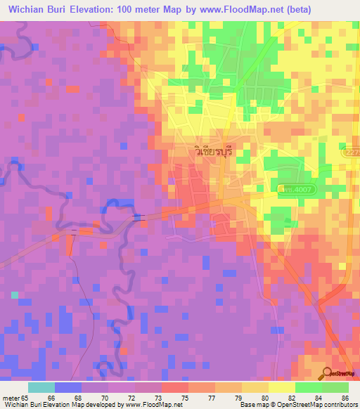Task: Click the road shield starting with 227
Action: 352,152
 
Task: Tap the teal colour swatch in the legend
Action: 41,387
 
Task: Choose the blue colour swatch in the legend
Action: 68,387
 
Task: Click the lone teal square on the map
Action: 15,295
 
